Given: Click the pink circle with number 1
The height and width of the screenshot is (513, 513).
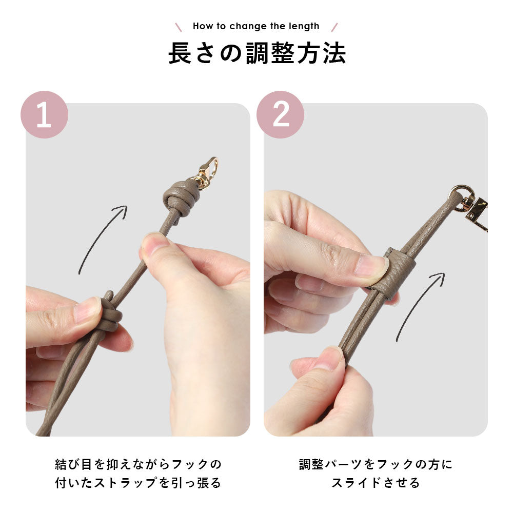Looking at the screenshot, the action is (44, 114).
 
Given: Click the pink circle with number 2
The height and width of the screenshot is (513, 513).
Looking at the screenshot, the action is (281, 114).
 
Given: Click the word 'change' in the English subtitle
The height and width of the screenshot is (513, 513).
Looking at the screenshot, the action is (248, 26).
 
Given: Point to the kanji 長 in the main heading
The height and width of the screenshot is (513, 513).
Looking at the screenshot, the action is (180, 53).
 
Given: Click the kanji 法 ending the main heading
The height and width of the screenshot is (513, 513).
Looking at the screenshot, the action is (334, 53).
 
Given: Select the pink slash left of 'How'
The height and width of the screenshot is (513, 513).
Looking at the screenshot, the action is (179, 27).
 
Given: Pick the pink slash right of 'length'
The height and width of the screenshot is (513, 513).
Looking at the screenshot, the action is (334, 27).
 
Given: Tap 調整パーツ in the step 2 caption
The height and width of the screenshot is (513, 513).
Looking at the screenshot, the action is (330, 464).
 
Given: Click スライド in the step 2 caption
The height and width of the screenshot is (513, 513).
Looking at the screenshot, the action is (356, 483).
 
